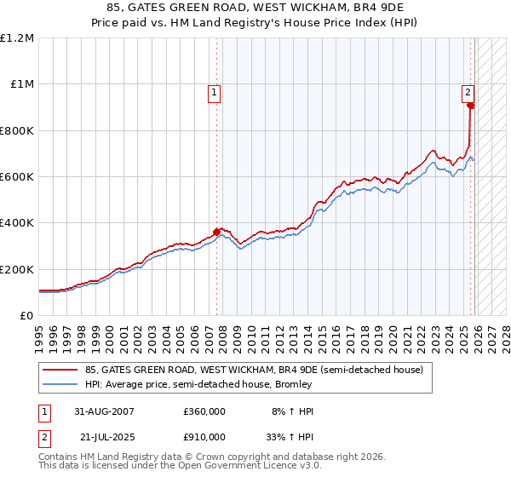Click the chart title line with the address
(x=255, y=9)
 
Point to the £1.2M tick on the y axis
(x=17, y=38)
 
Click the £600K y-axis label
(x=17, y=177)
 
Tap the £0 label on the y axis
(x=26, y=316)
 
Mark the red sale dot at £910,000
(x=470, y=106)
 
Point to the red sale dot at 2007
(x=217, y=231)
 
